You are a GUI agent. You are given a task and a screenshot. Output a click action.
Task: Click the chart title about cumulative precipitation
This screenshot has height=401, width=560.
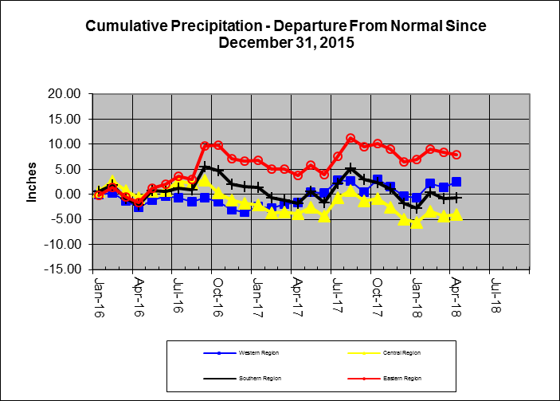point(285,33)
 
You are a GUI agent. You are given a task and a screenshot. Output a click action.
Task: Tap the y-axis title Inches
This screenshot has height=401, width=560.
point(33,183)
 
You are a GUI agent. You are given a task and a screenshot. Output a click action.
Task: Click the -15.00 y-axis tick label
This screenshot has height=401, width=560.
point(63,269)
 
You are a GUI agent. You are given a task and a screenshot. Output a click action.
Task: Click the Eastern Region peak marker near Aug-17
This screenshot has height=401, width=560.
point(350,139)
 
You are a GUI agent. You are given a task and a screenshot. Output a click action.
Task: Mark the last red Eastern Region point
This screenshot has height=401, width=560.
point(456,155)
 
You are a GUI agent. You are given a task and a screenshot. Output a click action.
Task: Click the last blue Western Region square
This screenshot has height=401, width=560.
point(456,182)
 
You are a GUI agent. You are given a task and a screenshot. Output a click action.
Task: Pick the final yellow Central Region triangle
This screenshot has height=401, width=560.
point(456,214)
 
